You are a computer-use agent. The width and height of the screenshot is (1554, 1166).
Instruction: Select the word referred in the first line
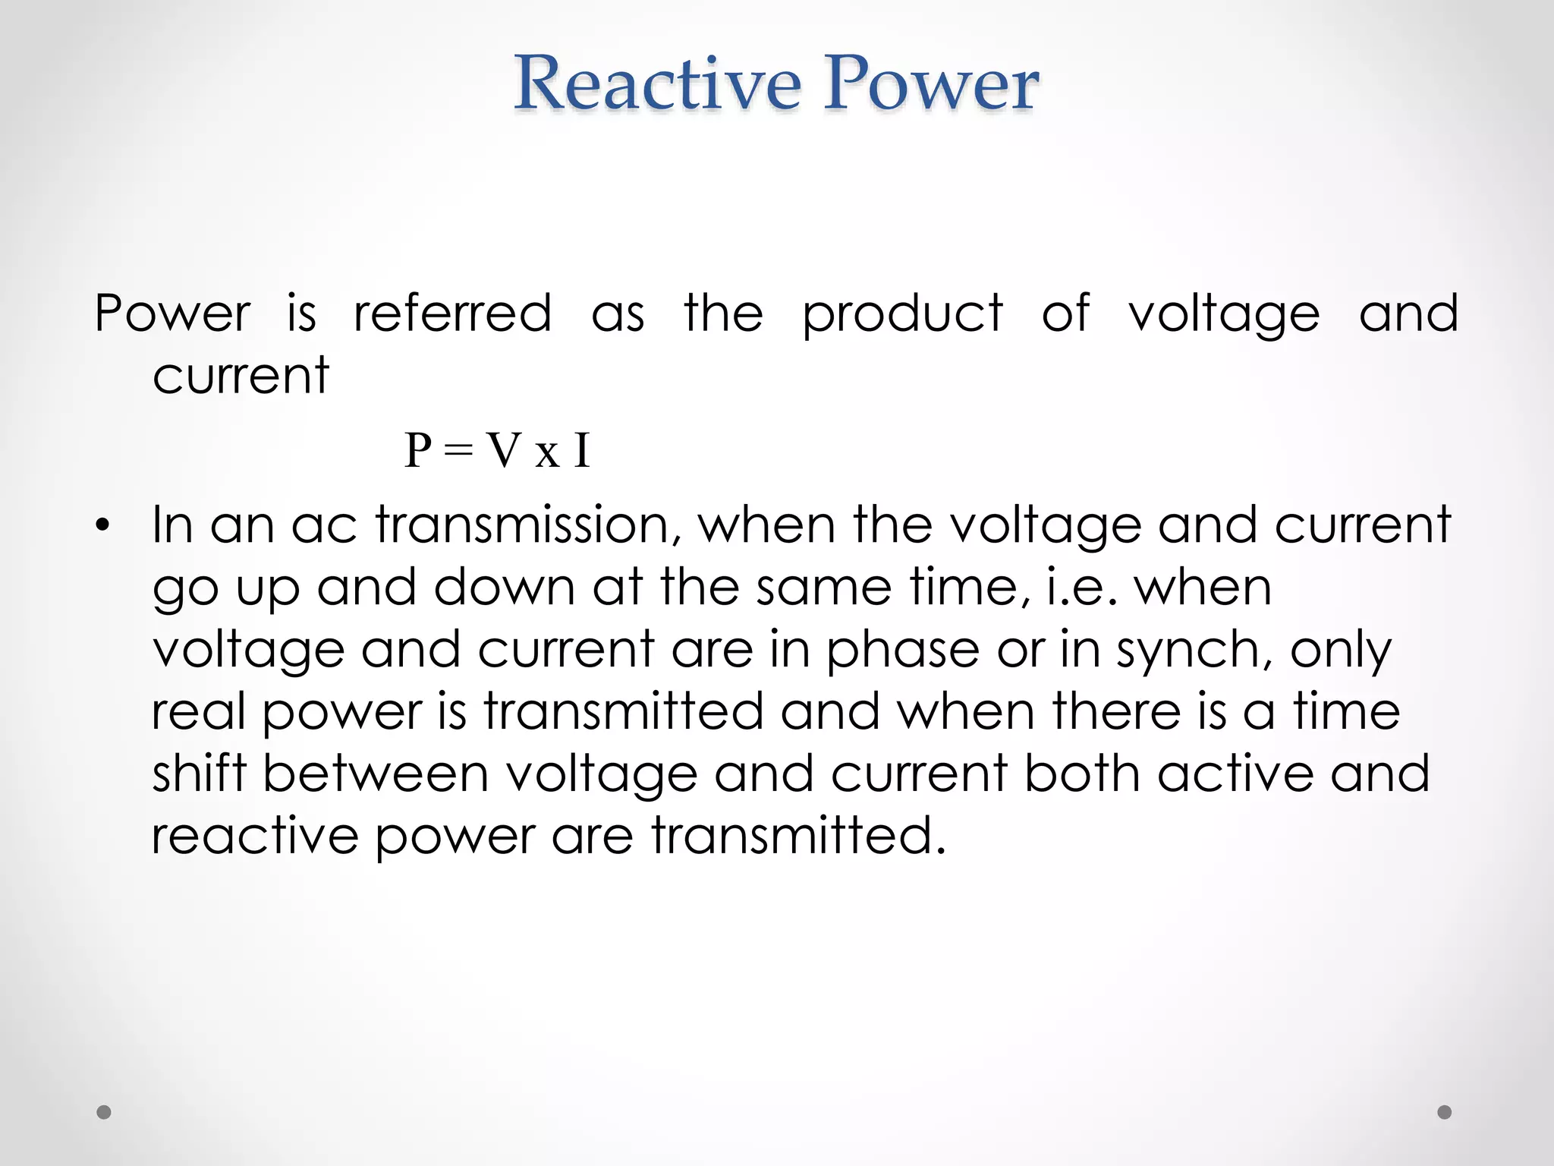point(452,313)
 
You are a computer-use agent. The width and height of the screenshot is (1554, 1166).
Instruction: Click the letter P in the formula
point(418,450)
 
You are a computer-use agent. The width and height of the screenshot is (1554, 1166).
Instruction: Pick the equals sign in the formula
point(458,452)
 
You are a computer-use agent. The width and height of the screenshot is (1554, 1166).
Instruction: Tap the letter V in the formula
point(504,450)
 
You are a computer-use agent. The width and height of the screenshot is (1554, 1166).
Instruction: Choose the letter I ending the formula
point(581,450)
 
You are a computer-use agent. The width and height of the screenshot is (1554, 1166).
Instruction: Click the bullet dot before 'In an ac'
point(103,525)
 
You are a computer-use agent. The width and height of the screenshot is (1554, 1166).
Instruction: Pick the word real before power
point(198,711)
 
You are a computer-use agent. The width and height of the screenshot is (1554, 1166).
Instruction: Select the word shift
point(200,774)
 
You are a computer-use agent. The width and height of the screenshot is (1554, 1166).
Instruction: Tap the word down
point(504,587)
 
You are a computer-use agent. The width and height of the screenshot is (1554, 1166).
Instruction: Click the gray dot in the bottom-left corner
point(104,1112)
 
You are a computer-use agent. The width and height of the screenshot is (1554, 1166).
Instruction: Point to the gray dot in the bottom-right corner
point(1445,1112)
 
